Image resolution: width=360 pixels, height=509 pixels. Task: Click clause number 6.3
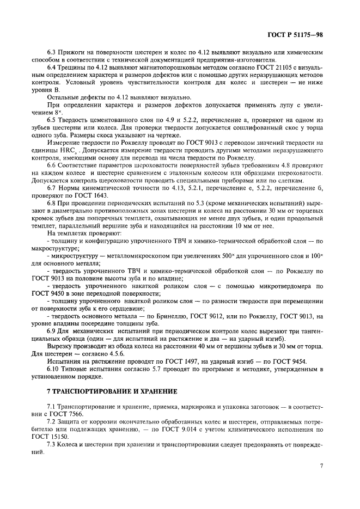(x=53, y=52)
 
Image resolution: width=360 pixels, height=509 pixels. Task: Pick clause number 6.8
(x=53, y=203)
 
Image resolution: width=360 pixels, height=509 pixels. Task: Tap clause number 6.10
(x=55, y=369)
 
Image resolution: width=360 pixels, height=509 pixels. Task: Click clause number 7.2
(x=53, y=421)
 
